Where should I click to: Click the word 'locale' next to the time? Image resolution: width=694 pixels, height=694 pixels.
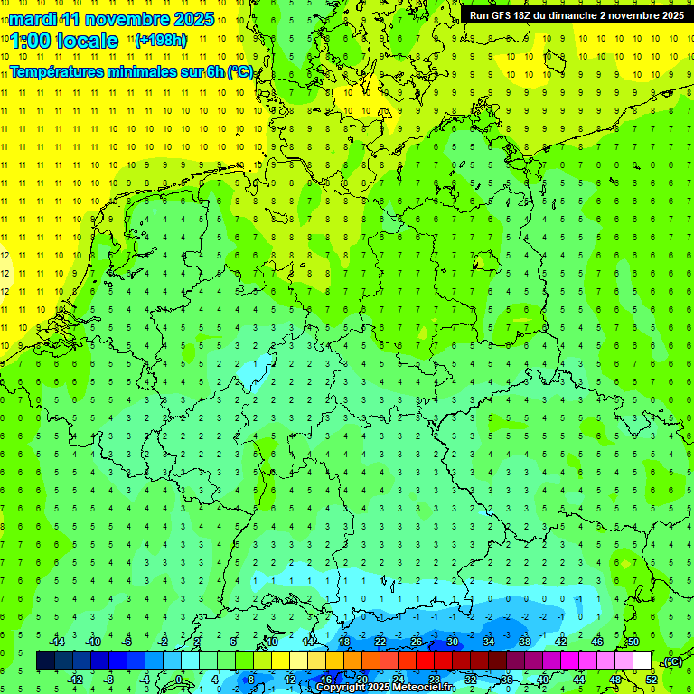[x=88, y=41]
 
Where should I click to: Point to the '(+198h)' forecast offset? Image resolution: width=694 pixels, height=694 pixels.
[x=160, y=40]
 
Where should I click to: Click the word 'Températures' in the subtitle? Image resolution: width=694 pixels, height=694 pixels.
[x=56, y=71]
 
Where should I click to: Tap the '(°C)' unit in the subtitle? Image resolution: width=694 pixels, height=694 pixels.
[x=239, y=71]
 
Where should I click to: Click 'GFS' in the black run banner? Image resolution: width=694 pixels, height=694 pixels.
[x=504, y=14]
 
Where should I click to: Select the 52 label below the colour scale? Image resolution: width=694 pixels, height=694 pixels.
[x=651, y=679]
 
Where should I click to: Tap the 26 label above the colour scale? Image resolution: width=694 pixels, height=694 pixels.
[x=416, y=642]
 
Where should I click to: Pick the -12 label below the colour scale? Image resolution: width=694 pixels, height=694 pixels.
[x=76, y=679]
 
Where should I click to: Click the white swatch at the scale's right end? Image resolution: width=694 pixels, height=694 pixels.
[x=642, y=661]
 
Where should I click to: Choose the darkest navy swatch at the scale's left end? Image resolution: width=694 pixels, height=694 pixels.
[x=45, y=661]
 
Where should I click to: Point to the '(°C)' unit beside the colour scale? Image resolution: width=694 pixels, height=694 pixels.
[x=671, y=661]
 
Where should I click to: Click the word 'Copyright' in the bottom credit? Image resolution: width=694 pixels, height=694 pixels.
[x=340, y=687]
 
